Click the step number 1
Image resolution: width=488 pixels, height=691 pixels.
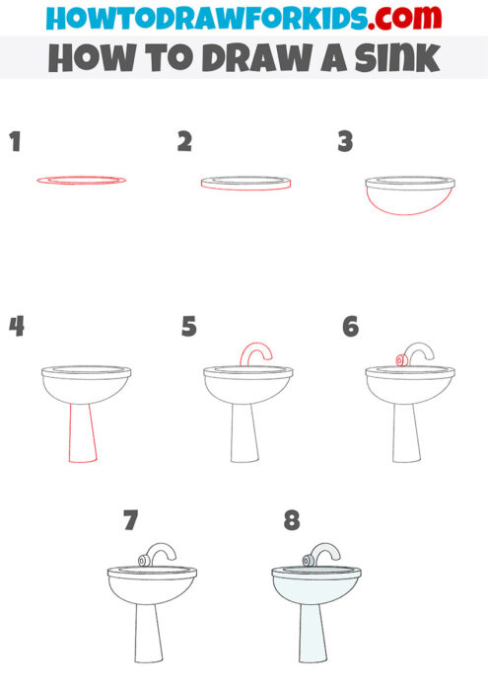click(14, 142)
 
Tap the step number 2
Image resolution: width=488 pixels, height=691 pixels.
click(184, 142)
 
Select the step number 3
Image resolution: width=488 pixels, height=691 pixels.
click(345, 142)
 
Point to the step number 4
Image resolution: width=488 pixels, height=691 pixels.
click(16, 327)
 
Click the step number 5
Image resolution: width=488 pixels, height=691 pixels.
click(189, 327)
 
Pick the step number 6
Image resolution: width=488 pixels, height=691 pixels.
click(350, 327)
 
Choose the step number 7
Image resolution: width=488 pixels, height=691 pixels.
click(130, 519)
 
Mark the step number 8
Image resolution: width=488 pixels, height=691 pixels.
click(292, 519)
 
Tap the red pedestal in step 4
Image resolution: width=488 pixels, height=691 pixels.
click(82, 433)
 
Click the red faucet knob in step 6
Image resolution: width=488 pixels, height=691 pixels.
click(401, 361)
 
